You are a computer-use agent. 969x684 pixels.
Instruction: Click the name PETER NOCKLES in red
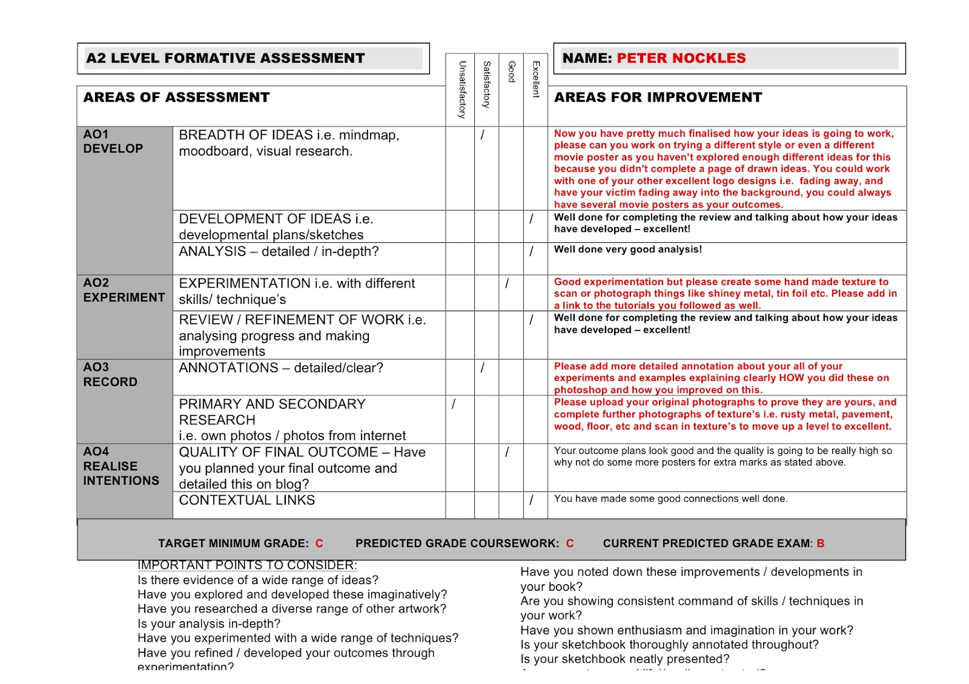point(681,59)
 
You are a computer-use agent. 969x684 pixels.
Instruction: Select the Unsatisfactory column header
point(462,90)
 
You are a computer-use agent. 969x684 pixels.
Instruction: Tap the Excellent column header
point(535,79)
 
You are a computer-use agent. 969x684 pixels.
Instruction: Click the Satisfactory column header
point(486,84)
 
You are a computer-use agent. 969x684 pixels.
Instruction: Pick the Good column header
point(511,71)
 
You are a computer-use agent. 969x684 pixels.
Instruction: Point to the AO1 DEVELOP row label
point(113,142)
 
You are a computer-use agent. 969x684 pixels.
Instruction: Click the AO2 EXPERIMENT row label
point(124,291)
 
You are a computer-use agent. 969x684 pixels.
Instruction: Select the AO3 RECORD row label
point(110,375)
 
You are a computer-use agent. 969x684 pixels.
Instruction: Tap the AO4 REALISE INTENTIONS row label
point(121,466)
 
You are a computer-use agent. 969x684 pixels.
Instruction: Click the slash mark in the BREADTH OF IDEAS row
point(483,135)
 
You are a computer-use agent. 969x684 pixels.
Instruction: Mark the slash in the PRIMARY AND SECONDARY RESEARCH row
point(454,404)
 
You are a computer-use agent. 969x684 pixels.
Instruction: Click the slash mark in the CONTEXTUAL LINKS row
point(531,500)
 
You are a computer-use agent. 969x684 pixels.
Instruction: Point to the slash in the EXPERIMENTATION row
point(507,283)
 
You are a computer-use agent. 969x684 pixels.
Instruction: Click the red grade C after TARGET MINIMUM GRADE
point(319,544)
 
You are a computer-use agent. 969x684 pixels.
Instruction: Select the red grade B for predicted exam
point(821,544)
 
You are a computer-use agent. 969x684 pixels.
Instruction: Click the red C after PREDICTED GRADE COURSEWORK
point(570,544)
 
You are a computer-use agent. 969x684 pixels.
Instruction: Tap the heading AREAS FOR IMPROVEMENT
point(658,97)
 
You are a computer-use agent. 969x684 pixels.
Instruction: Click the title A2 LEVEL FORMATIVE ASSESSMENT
point(225,59)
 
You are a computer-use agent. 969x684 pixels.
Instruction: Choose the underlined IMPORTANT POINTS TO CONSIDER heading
point(247,565)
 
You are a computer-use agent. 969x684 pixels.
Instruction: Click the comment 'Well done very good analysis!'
point(628,249)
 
